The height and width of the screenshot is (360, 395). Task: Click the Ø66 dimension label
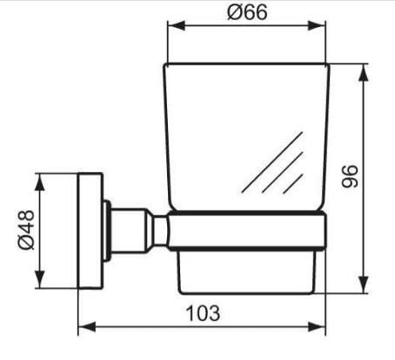(x=247, y=12)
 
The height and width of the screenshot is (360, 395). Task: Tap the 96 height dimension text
(x=350, y=177)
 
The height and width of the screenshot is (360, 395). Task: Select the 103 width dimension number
(x=203, y=313)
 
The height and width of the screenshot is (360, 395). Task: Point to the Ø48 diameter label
(x=26, y=230)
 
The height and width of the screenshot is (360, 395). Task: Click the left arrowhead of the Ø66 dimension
(x=177, y=25)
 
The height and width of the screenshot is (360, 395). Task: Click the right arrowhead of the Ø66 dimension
(x=317, y=25)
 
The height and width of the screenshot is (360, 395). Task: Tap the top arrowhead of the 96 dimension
(x=364, y=72)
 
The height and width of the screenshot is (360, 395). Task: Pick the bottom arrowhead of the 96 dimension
(x=364, y=284)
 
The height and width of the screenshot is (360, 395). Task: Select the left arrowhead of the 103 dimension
(x=87, y=327)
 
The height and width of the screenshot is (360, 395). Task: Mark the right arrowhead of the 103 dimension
(x=317, y=327)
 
